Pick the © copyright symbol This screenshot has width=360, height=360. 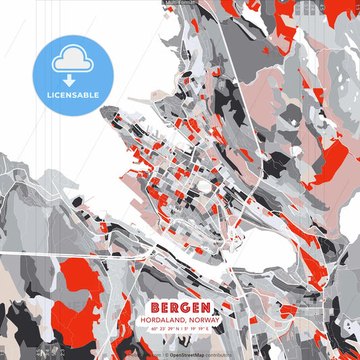tap(166, 354)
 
